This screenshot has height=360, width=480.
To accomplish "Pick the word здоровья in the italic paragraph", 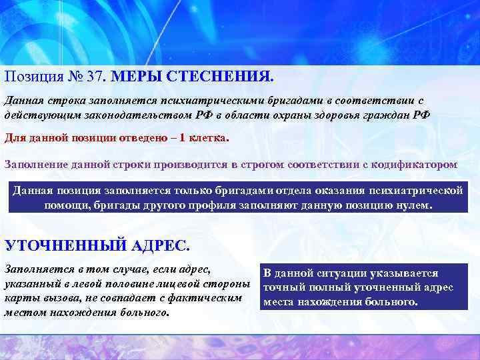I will (x=349, y=114).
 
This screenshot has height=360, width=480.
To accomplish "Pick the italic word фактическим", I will (x=209, y=298).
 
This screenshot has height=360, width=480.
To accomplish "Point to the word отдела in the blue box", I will (x=231, y=190).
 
